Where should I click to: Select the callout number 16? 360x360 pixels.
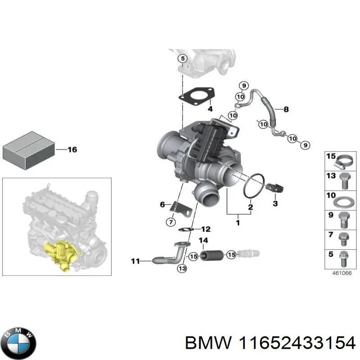[x=72, y=149]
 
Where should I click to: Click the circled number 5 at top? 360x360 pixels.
[x=182, y=58]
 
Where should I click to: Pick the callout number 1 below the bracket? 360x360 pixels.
[x=238, y=222]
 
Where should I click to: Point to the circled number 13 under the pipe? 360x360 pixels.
[x=181, y=269]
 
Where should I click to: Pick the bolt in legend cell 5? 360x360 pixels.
[x=344, y=256]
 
